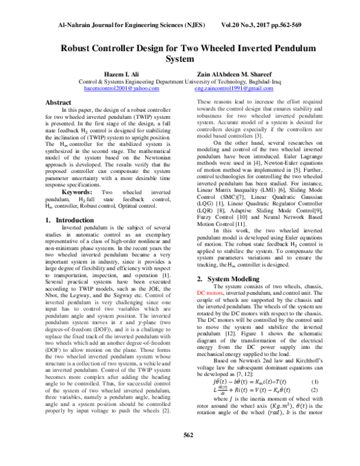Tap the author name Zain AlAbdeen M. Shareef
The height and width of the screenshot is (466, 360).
[240, 72]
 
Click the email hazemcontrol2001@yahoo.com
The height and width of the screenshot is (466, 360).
[122, 88]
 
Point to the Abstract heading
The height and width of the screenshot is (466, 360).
[62, 103]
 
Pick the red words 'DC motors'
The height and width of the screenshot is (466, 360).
[211, 294]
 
